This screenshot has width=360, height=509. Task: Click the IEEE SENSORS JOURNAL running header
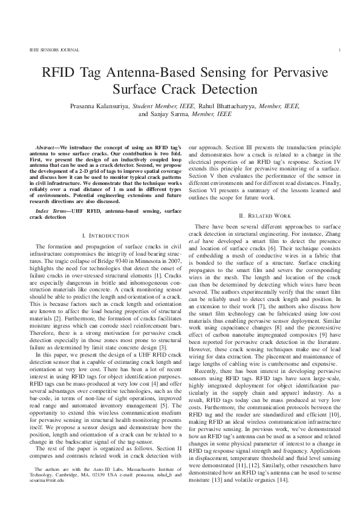(x=47, y=50)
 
